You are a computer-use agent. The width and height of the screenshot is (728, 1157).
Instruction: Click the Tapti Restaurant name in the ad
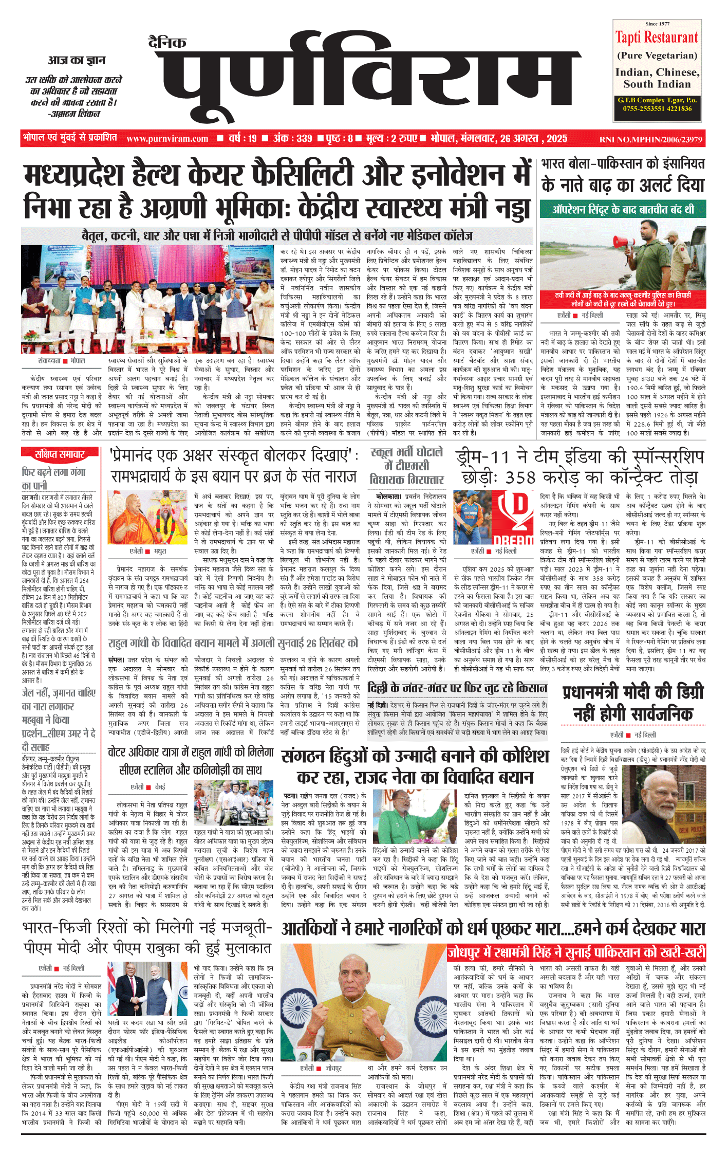point(657,38)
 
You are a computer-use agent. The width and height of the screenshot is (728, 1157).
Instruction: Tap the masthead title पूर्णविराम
point(367,77)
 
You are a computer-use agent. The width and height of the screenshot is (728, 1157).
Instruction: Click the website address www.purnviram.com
point(167,139)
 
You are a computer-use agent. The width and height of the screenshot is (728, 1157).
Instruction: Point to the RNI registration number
point(650,139)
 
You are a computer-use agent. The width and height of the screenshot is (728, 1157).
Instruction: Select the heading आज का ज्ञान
point(77,61)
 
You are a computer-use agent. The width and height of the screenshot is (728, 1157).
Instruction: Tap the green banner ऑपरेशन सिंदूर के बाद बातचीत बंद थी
point(623,209)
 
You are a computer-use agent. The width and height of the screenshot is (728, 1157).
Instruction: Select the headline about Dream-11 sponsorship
point(580,467)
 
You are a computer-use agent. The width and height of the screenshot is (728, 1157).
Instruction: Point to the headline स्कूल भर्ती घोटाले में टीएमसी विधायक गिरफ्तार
point(406,466)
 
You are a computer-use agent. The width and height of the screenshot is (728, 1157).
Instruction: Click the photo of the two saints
point(147,518)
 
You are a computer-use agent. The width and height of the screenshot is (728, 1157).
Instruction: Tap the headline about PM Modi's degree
point(633,703)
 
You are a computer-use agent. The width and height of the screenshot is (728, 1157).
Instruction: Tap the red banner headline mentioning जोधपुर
point(576,952)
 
